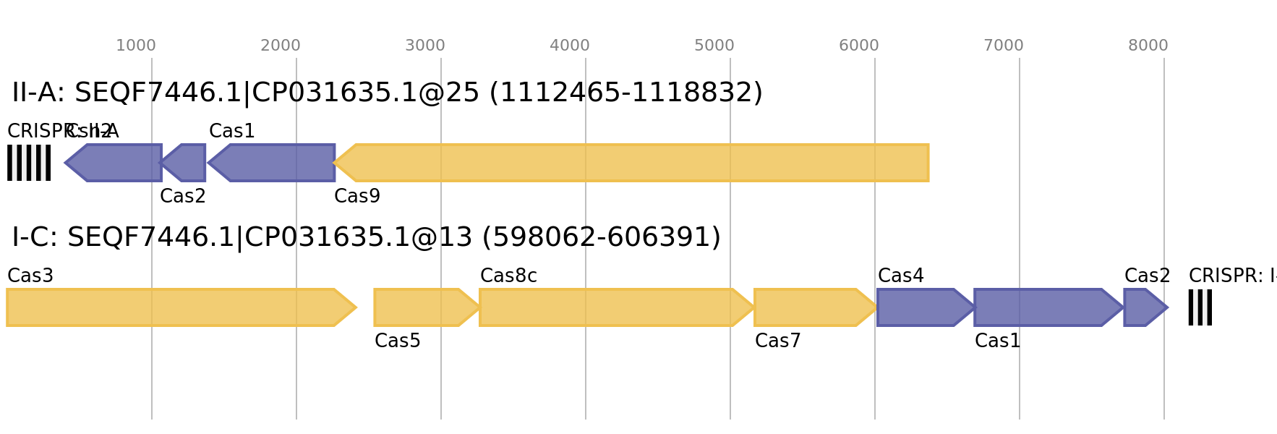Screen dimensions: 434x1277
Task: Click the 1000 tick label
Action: tap(136, 46)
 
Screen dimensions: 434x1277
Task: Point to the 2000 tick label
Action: tap(281, 46)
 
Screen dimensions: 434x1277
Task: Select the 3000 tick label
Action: tap(425, 46)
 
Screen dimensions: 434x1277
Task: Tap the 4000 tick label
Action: tap(570, 46)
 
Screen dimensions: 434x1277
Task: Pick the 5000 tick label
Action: tap(714, 46)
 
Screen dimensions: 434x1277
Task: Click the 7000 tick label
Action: tap(1004, 46)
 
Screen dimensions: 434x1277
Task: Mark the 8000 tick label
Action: tap(1148, 46)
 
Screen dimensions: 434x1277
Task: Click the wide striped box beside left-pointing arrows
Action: tap(29, 163)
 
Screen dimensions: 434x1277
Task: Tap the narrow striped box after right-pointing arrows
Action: tap(1200, 307)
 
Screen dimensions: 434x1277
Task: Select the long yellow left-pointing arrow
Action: tap(633, 163)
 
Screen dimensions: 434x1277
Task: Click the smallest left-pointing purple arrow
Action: tap(185, 163)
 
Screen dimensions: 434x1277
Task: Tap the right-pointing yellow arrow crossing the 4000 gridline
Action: tap(615, 307)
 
